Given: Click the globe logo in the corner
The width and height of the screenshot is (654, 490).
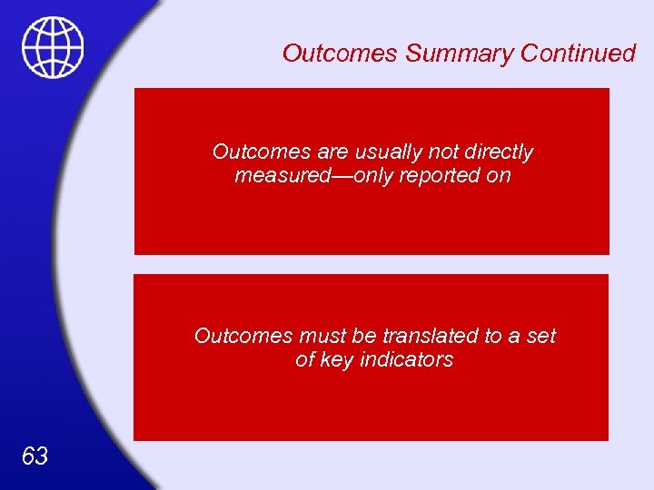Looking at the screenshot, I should coord(53,47).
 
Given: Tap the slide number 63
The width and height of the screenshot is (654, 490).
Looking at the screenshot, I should coord(35,456).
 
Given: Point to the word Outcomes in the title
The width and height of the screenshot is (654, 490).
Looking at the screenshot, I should coord(340,54).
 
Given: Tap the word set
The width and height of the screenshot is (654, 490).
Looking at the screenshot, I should coord(540,336).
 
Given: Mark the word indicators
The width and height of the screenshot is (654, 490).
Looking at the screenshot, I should coord(407,359).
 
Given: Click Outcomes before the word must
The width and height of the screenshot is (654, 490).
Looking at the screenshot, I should coord(244,336).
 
